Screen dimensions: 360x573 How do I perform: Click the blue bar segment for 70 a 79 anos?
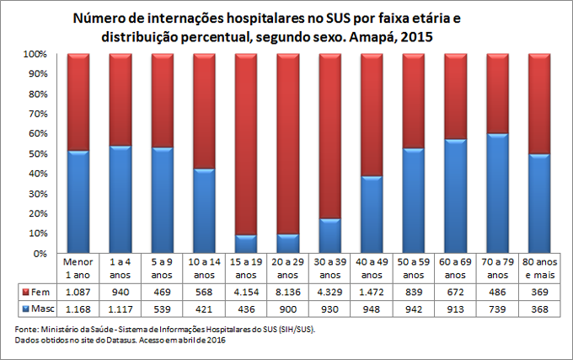click(x=497, y=193)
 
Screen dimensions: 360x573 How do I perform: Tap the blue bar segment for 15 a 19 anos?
click(x=246, y=244)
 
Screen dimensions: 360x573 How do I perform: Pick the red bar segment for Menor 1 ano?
click(x=78, y=102)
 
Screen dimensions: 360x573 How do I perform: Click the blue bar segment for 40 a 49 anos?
click(x=372, y=214)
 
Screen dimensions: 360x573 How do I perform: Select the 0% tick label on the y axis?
click(x=37, y=253)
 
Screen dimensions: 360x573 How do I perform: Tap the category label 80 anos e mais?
click(x=539, y=268)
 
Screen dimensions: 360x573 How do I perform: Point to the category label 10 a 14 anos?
click(x=204, y=268)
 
